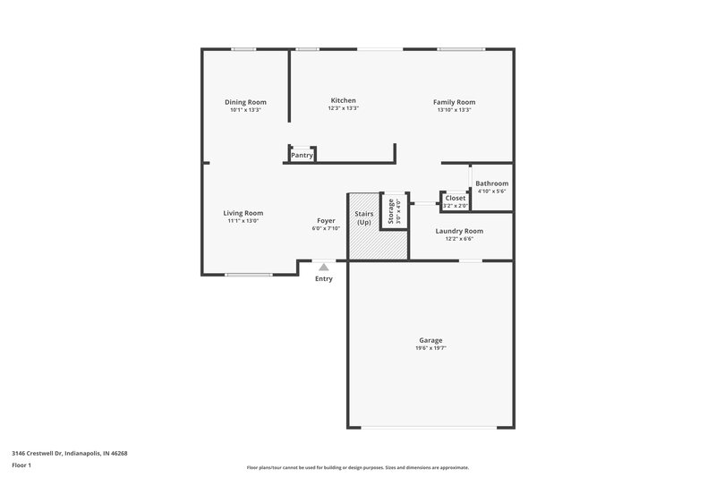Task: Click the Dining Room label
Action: click(x=245, y=102)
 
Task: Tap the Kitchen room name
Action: click(x=343, y=100)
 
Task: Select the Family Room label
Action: click(x=454, y=102)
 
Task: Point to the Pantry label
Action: click(x=302, y=156)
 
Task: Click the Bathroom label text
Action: click(x=491, y=183)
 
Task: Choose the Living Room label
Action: click(x=243, y=213)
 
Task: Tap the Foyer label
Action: click(x=326, y=221)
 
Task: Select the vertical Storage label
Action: click(x=391, y=210)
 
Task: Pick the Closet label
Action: click(x=456, y=198)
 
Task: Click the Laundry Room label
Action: click(x=459, y=231)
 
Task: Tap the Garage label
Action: click(x=430, y=340)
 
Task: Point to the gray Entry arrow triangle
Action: click(x=324, y=266)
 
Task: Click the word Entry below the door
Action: click(x=324, y=278)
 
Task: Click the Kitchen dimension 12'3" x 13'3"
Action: click(x=343, y=108)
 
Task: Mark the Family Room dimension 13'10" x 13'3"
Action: click(x=454, y=110)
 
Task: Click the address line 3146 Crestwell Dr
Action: click(x=70, y=453)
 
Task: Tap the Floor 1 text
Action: click(x=22, y=466)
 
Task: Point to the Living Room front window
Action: click(x=249, y=275)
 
